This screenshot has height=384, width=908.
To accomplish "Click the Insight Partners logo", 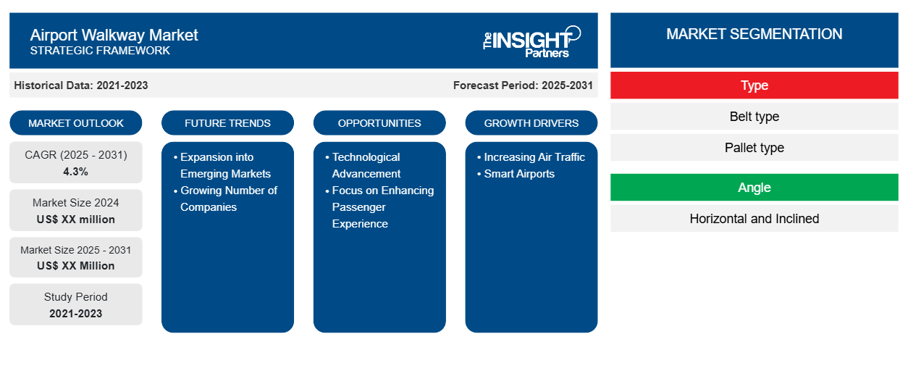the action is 531,42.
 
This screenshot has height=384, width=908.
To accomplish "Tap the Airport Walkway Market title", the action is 114,36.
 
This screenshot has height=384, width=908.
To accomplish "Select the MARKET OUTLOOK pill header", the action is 76,123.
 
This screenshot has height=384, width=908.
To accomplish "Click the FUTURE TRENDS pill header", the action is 227,123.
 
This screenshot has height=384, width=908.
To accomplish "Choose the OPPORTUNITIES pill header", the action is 379,123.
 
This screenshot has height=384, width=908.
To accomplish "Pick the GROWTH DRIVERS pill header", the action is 531,123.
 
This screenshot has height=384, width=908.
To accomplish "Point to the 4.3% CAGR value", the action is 76,172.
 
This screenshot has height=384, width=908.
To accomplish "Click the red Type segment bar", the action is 754,85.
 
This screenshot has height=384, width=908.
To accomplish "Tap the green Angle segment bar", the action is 754,188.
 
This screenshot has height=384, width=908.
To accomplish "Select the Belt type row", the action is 754,117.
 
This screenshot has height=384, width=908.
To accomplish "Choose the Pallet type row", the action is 754,148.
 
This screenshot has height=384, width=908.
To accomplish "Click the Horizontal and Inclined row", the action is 754,219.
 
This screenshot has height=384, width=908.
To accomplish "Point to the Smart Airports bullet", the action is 516,174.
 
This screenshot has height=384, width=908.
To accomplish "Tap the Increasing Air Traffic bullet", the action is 531,157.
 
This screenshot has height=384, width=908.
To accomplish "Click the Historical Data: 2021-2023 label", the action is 81,85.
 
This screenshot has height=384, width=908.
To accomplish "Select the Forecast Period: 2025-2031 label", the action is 523,85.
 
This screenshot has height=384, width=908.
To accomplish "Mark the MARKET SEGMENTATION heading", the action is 754,34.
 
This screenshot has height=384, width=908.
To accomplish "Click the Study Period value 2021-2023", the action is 76,314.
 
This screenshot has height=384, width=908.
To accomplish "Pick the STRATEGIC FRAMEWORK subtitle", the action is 100,51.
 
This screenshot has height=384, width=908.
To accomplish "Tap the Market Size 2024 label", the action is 76,203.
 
